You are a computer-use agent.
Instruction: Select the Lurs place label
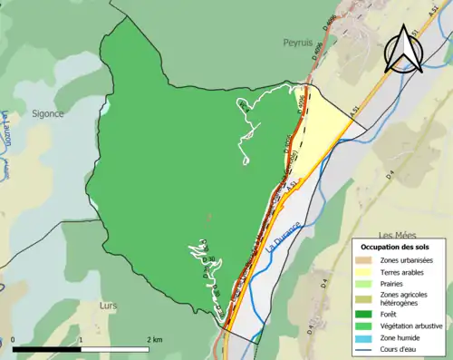pos(108,306)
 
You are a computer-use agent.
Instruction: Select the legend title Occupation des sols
pos(400,248)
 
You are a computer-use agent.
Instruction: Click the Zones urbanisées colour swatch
pos(362,260)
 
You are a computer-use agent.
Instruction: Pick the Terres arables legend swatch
pos(362,272)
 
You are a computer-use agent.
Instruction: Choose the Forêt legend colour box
pos(362,314)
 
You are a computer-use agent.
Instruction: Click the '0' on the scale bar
pos(14,339)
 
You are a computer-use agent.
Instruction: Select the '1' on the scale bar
pos(82,339)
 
